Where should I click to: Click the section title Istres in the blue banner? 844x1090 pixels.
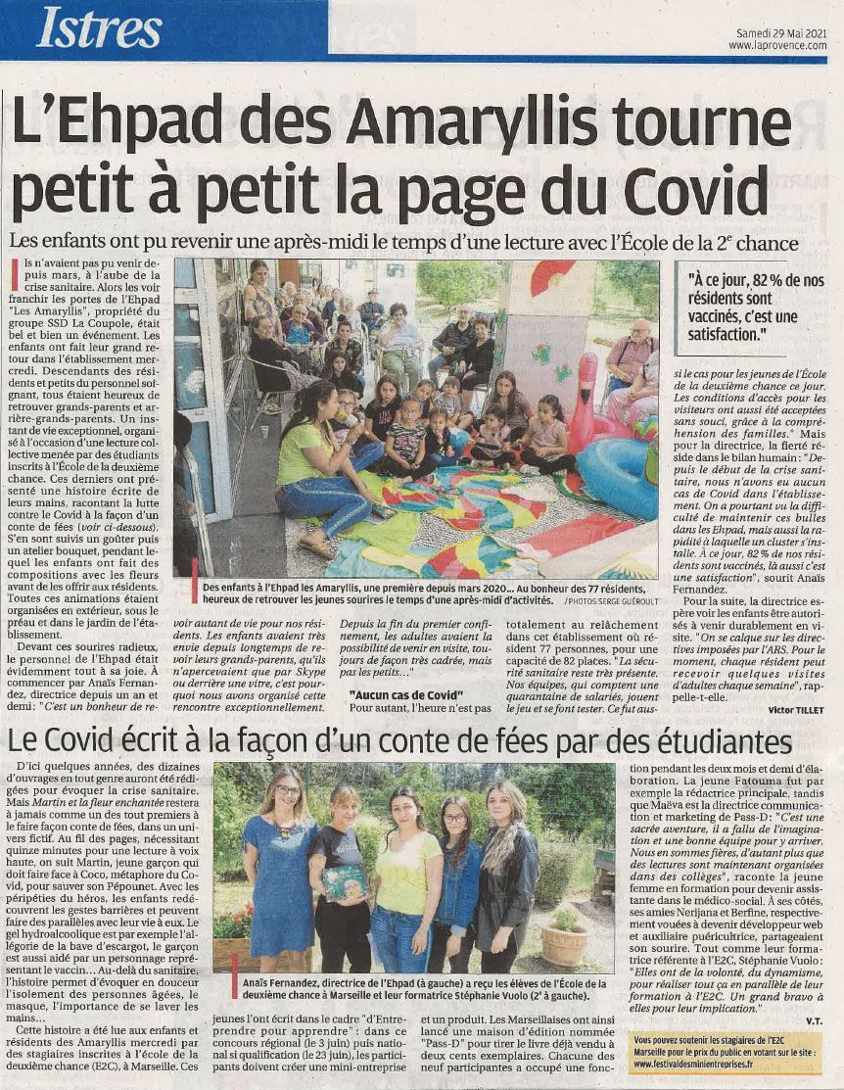[100, 30]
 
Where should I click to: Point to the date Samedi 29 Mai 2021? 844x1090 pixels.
[781, 32]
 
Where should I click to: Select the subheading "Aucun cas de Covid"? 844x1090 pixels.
[393, 694]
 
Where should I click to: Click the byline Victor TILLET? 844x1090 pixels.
[795, 707]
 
